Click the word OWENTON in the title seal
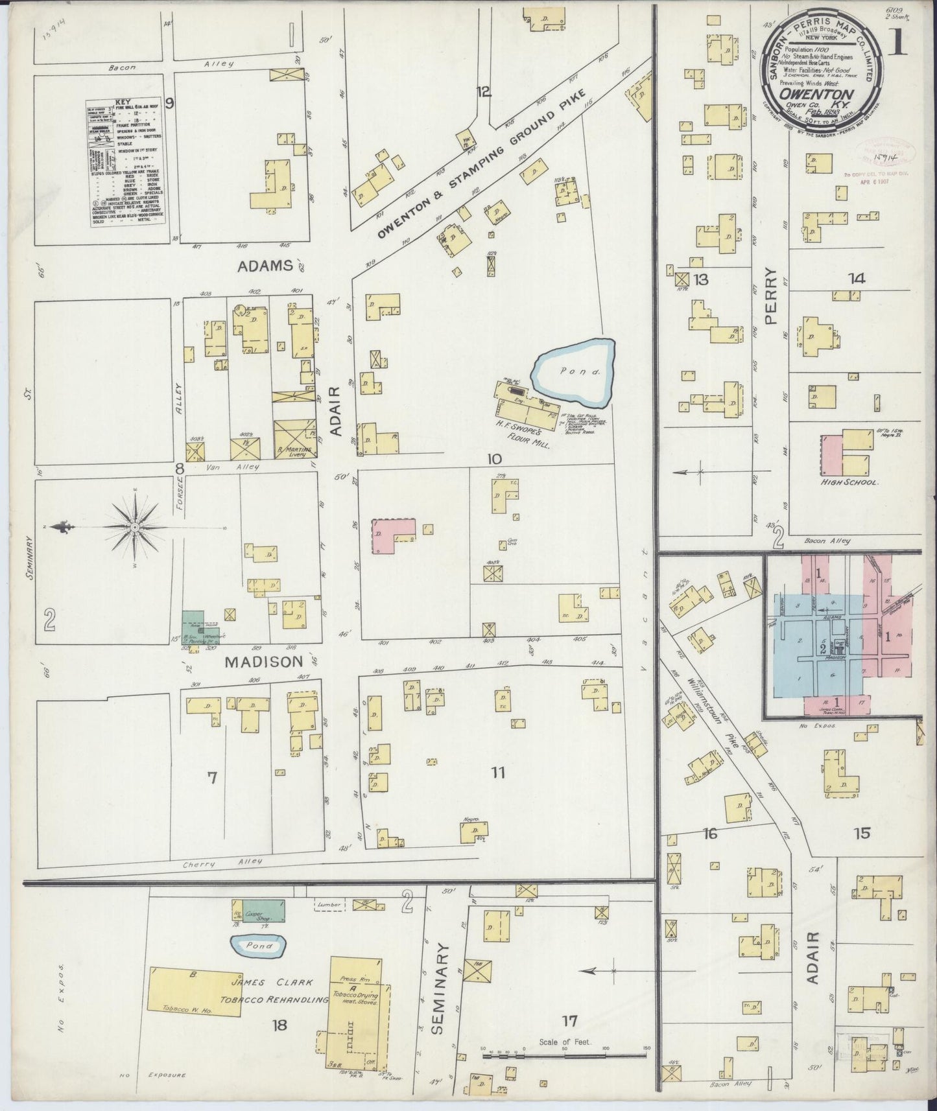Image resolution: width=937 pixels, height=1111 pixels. tap(824, 93)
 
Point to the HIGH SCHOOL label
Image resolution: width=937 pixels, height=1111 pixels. tap(849, 483)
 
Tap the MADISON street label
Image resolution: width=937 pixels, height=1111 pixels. tap(264, 661)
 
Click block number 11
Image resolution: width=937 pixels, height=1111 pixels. tap(497, 773)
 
